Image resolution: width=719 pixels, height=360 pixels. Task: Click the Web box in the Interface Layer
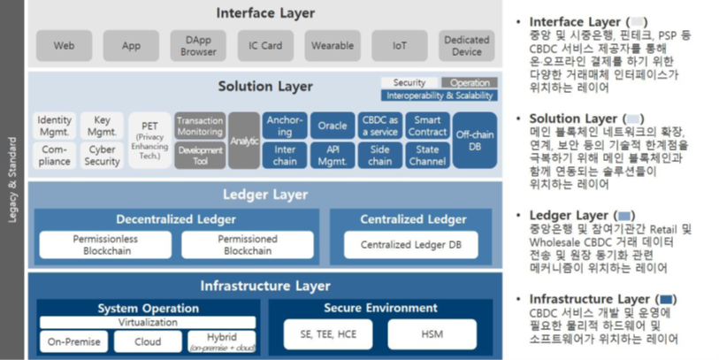pyautogui.click(x=65, y=45)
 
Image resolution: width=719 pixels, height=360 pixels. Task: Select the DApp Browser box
pyautogui.click(x=198, y=45)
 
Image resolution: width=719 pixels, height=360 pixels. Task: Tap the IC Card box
pyautogui.click(x=265, y=45)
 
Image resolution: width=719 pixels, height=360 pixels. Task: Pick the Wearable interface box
pyautogui.click(x=333, y=45)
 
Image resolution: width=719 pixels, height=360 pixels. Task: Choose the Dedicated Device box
pyautogui.click(x=466, y=45)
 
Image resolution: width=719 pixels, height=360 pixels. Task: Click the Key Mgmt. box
pyautogui.click(x=102, y=126)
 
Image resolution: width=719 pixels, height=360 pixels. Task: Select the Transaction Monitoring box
pyautogui.click(x=200, y=126)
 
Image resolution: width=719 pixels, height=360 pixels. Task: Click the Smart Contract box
pyautogui.click(x=427, y=126)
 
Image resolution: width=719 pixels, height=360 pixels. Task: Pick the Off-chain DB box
pyautogui.click(x=475, y=140)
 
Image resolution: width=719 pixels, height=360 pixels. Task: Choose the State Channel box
pyautogui.click(x=427, y=155)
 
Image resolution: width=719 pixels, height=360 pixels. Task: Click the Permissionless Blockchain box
pyautogui.click(x=105, y=244)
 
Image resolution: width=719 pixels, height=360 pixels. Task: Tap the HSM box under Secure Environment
pyautogui.click(x=432, y=333)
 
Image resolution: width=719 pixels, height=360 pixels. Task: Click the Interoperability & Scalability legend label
pyautogui.click(x=439, y=96)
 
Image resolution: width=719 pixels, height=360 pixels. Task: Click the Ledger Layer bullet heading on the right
pyautogui.click(x=569, y=215)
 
